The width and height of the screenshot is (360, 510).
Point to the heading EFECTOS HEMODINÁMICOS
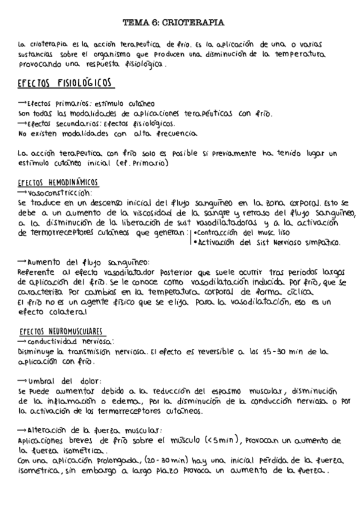click(58, 183)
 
